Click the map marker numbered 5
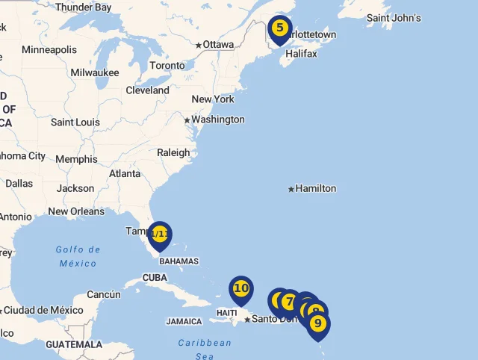[279, 29]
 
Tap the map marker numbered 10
[240, 289]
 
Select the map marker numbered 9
[318, 324]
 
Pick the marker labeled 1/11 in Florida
[160, 235]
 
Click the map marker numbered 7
[289, 302]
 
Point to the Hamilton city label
[315, 188]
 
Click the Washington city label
[217, 120]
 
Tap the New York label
[213, 99]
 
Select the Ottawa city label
[218, 45]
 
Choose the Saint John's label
[394, 18]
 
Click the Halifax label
[301, 54]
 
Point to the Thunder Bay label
[83, 7]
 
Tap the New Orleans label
[76, 211]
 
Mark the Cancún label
[104, 294]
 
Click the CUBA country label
[155, 278]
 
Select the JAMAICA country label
[184, 322]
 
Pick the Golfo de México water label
[78, 256]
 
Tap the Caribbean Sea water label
[205, 349]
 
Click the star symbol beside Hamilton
[291, 189]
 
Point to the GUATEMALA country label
[74, 345]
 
